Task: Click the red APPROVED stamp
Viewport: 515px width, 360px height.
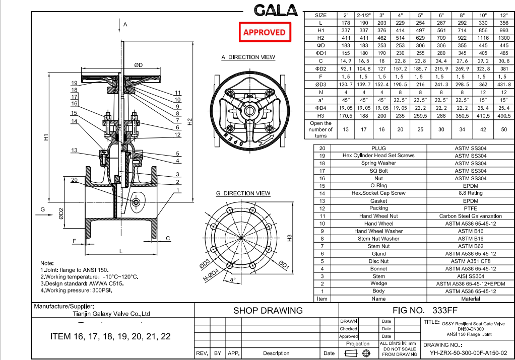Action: pyautogui.click(x=264, y=32)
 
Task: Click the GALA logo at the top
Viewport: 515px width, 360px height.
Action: pyautogui.click(x=277, y=10)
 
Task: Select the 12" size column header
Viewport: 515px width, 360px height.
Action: pyautogui.click(x=504, y=15)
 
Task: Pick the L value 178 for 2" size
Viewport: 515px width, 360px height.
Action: pyautogui.click(x=346, y=23)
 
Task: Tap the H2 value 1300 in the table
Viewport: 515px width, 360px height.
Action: pyautogui.click(x=504, y=38)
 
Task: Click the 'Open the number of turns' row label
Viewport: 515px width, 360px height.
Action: pyautogui.click(x=320, y=129)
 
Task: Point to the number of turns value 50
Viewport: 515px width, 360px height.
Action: pyautogui.click(x=504, y=129)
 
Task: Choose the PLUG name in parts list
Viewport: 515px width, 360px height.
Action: pyautogui.click(x=378, y=149)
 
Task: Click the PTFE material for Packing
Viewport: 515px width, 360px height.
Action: pyautogui.click(x=470, y=208)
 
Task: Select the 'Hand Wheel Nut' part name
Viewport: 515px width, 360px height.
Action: pyautogui.click(x=378, y=216)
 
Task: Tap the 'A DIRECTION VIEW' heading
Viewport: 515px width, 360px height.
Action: pyautogui.click(x=248, y=57)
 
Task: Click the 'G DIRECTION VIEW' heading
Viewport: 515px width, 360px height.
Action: pyautogui.click(x=243, y=193)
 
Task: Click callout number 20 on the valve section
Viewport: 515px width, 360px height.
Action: pyautogui.click(x=74, y=180)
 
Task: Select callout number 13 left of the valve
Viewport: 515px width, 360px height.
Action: pyautogui.click(x=74, y=151)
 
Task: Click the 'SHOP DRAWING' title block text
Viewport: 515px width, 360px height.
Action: pyautogui.click(x=268, y=311)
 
